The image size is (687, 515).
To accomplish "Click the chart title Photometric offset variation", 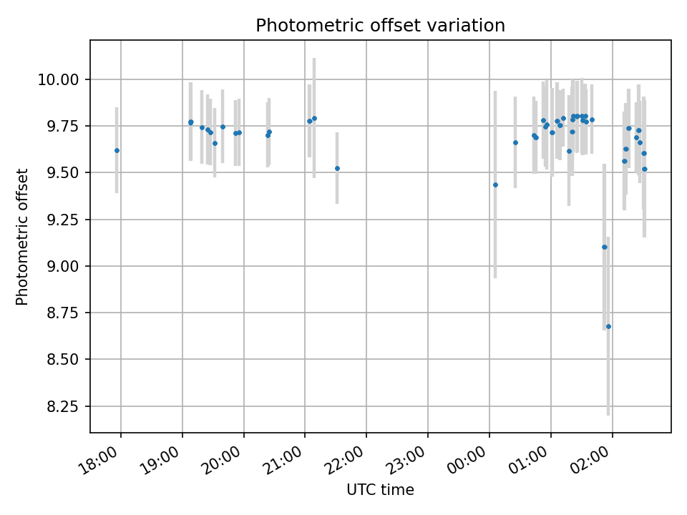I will (380, 26).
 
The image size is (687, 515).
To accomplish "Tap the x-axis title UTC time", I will (380, 490).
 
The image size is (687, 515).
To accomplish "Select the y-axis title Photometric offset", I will (22, 237).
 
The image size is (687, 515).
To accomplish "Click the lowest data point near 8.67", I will (608, 326).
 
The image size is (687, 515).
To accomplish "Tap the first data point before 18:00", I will (117, 150).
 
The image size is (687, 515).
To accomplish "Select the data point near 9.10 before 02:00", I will (604, 247).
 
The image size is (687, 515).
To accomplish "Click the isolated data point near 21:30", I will (337, 168).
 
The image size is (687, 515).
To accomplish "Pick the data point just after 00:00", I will (495, 185).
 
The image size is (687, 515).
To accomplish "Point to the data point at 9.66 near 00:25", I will (515, 142).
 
